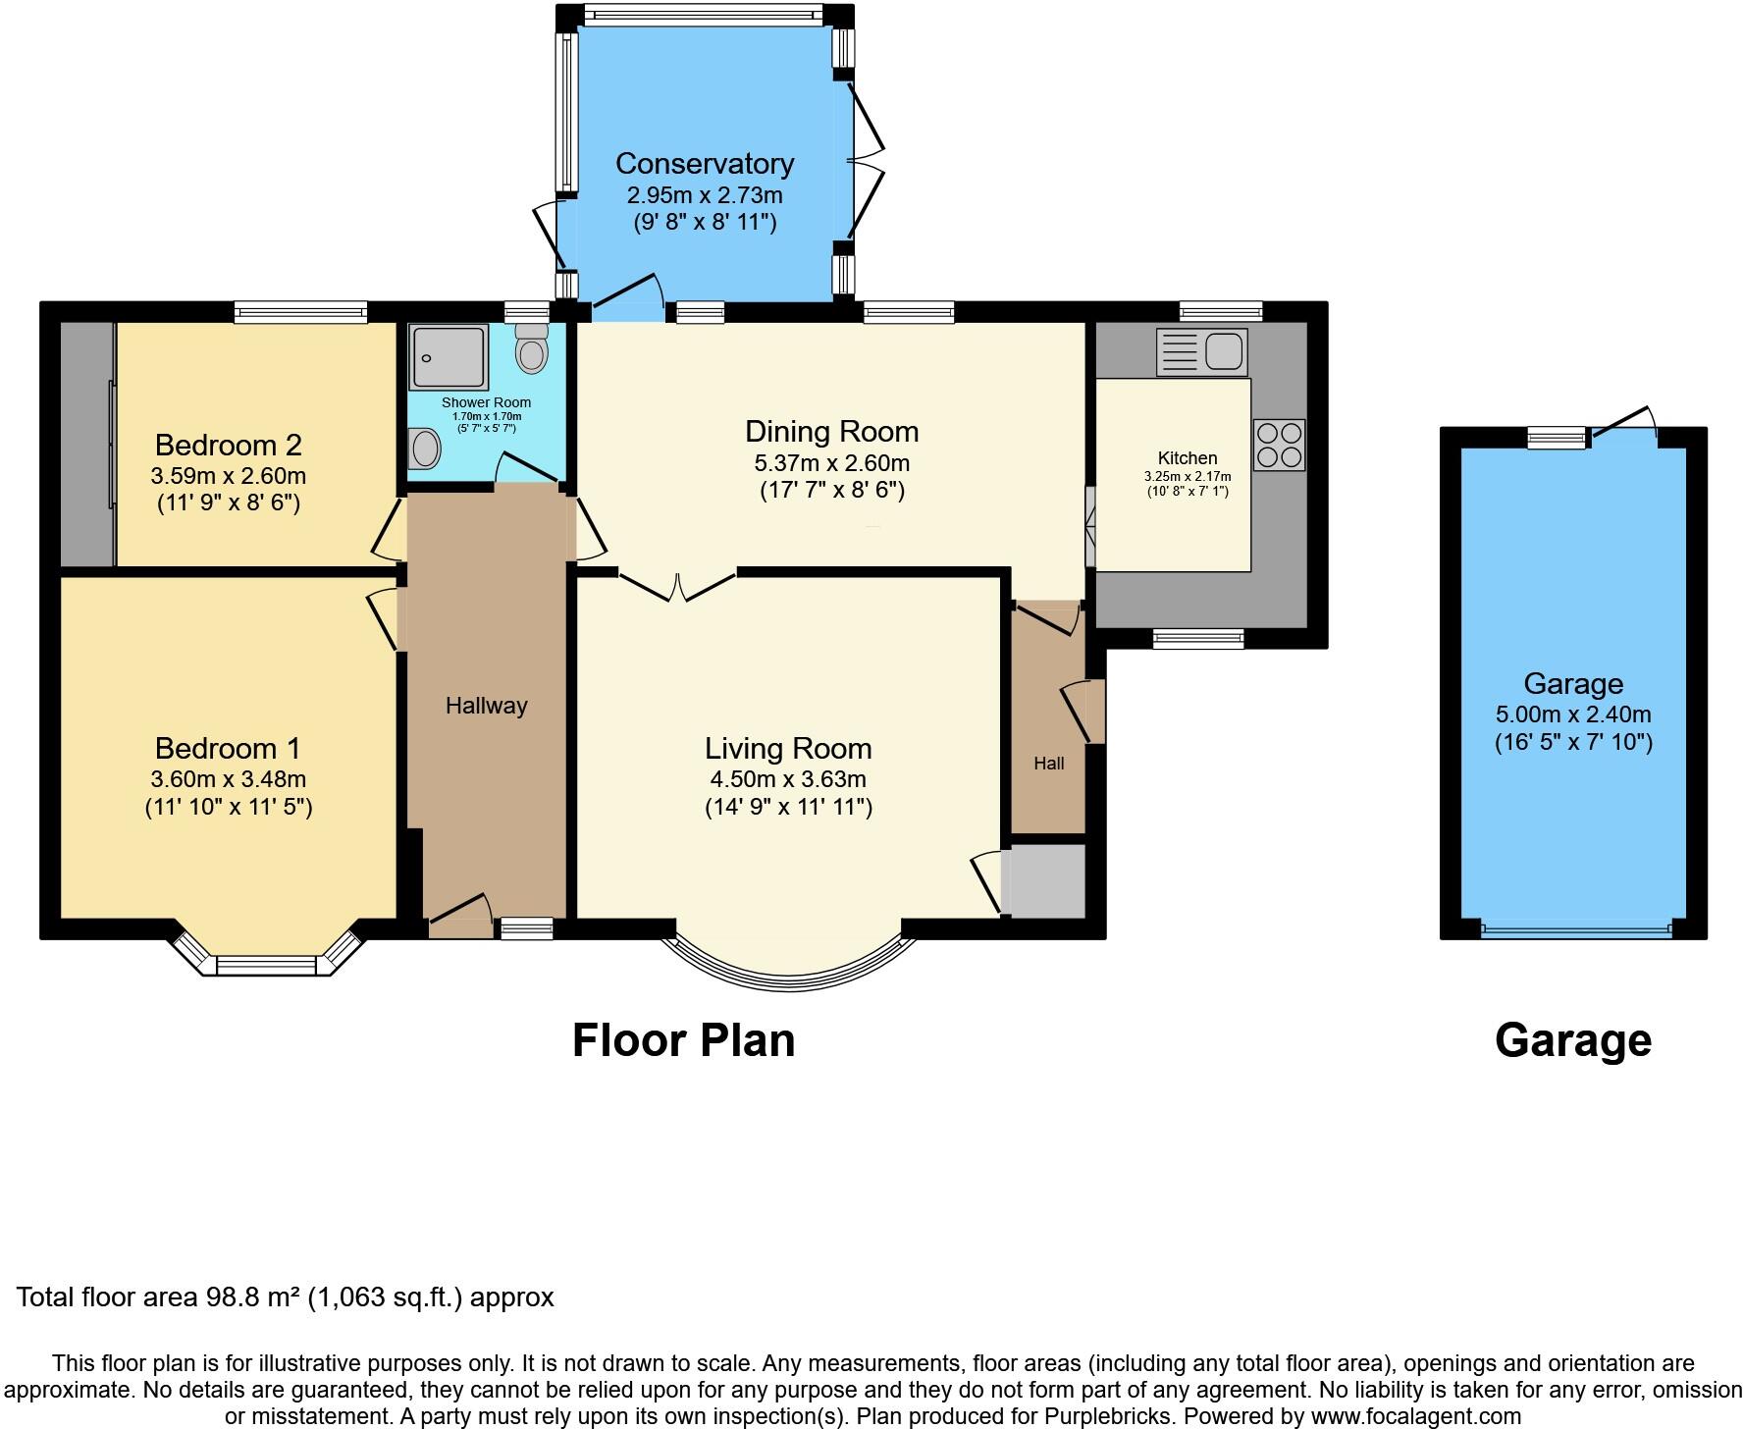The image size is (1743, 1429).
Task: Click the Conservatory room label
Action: (704, 164)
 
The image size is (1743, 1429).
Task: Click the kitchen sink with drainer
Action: (1201, 351)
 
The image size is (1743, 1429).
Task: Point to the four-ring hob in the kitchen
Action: (1279, 445)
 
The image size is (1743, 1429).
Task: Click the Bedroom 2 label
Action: (228, 446)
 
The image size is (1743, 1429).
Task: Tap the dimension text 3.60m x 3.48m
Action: (228, 779)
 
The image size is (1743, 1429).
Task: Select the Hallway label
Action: (486, 706)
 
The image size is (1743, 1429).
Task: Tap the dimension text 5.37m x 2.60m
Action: (831, 463)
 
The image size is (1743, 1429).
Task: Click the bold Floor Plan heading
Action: (683, 1041)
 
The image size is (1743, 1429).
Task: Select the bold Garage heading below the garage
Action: (1572, 1041)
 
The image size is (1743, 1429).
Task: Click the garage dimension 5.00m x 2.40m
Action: (1572, 714)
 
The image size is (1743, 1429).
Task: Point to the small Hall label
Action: (1048, 764)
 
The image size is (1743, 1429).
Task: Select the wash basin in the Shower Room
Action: (425, 450)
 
